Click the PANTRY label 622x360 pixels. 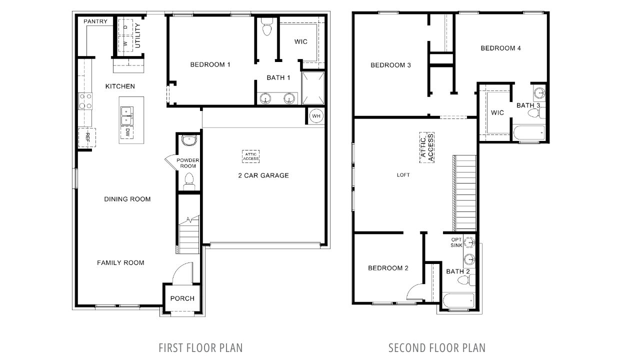pos(95,21)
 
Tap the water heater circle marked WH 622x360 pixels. pos(316,116)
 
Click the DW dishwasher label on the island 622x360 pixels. pos(128,132)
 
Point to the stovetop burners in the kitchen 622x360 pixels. pos(85,101)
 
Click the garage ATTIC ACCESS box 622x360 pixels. pos(251,156)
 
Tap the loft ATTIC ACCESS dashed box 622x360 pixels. pos(426,147)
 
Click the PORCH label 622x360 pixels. pos(182,298)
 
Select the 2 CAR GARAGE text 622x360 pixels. pos(263,175)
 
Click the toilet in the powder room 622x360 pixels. pos(188,180)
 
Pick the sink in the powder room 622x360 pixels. pos(189,140)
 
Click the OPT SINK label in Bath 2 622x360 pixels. pos(456,242)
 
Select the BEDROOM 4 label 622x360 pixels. pos(500,48)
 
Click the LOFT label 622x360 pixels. pos(403,175)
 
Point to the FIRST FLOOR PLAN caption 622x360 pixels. pos(200,347)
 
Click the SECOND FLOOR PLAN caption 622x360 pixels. pos(436,347)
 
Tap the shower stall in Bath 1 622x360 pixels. pos(313,88)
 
